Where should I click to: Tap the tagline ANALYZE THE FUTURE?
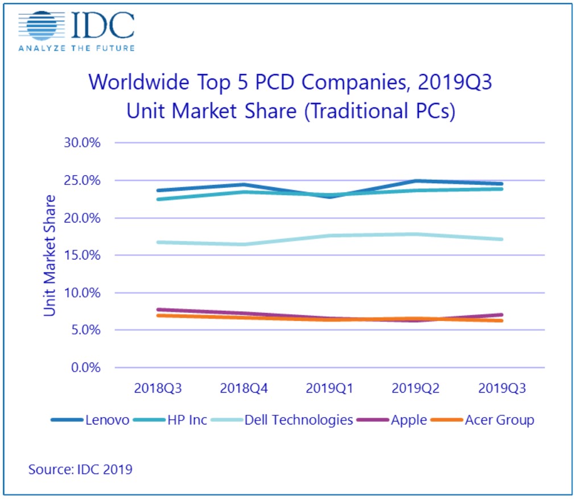(76, 48)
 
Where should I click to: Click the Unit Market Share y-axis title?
(50, 255)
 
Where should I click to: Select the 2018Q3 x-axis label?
(158, 389)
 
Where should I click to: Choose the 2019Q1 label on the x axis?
(330, 389)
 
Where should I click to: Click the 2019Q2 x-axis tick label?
(415, 389)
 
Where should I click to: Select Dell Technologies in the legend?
(298, 420)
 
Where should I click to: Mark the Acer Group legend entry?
(499, 420)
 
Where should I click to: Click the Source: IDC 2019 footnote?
(80, 470)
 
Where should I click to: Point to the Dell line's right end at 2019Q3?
(501, 240)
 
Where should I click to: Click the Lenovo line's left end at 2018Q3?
(158, 191)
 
